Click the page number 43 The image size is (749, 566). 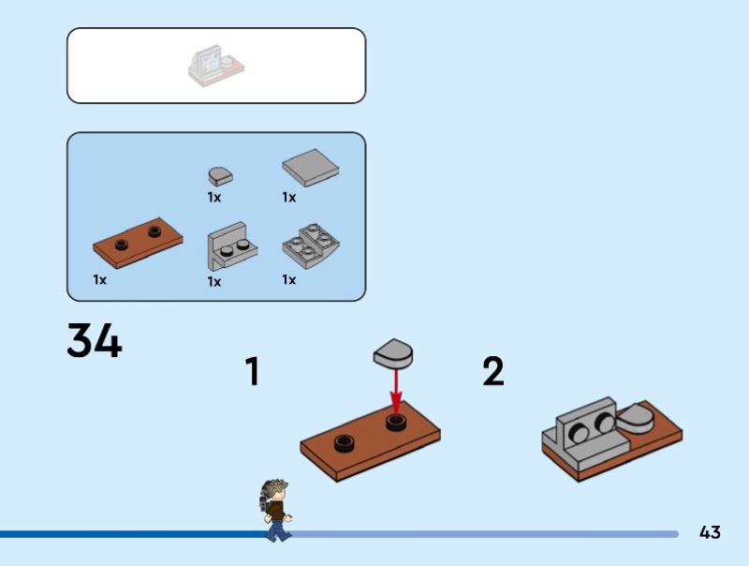[710, 532]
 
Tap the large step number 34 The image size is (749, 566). [95, 341]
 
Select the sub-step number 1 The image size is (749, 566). [252, 372]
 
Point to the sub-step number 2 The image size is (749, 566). [493, 372]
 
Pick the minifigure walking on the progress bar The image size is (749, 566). [275, 510]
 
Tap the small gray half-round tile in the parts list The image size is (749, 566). [220, 174]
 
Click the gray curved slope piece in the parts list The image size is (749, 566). [311, 246]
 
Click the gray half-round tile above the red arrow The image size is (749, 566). [393, 352]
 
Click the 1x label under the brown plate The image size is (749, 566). [100, 279]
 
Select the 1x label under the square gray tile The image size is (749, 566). [288, 198]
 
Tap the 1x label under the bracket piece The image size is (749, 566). [214, 281]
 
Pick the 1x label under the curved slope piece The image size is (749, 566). [288, 279]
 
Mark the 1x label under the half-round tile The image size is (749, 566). [214, 198]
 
